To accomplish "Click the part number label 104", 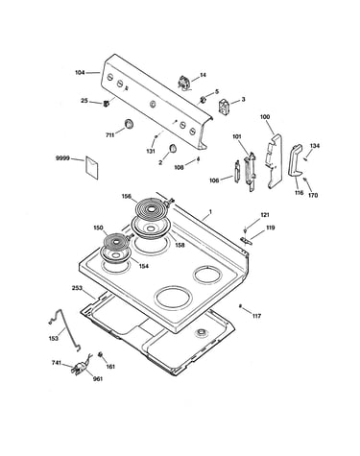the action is pyautogui.click(x=80, y=73).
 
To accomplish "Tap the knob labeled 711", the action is pyautogui.click(x=129, y=124).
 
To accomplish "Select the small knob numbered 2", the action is pyautogui.click(x=173, y=149).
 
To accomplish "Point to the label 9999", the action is pyautogui.click(x=62, y=158).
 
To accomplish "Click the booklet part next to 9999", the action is pyautogui.click(x=91, y=167).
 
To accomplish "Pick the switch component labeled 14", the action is pyautogui.click(x=183, y=83).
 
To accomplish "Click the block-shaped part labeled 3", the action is pyautogui.click(x=224, y=107).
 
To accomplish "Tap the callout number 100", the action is pyautogui.click(x=265, y=117).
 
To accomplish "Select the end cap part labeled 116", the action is pyautogui.click(x=296, y=160).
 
